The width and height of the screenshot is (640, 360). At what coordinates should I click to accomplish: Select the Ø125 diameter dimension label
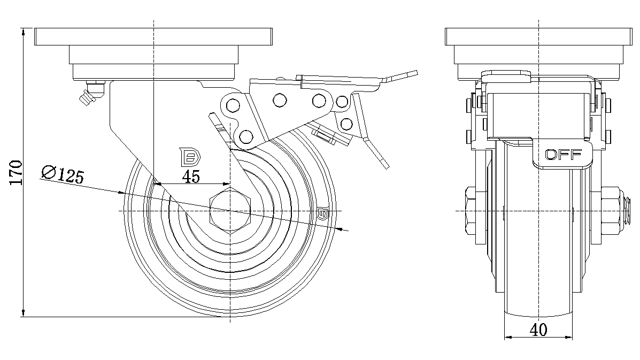click(x=63, y=174)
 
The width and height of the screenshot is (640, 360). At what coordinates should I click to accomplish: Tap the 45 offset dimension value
click(x=191, y=177)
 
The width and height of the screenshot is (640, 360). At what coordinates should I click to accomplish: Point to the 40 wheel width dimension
click(x=538, y=331)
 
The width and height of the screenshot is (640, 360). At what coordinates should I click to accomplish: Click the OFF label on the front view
click(x=563, y=155)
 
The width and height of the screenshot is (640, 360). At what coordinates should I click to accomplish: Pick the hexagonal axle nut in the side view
click(x=230, y=211)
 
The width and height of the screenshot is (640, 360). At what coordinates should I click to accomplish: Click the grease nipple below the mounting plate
click(x=89, y=94)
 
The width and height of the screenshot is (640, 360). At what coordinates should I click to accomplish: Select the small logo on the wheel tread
click(x=323, y=214)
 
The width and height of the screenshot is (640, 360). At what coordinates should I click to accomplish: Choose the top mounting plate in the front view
click(x=538, y=37)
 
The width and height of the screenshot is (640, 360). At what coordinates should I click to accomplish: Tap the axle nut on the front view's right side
click(x=613, y=211)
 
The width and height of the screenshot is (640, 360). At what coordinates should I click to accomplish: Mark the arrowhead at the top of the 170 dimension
click(x=24, y=32)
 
